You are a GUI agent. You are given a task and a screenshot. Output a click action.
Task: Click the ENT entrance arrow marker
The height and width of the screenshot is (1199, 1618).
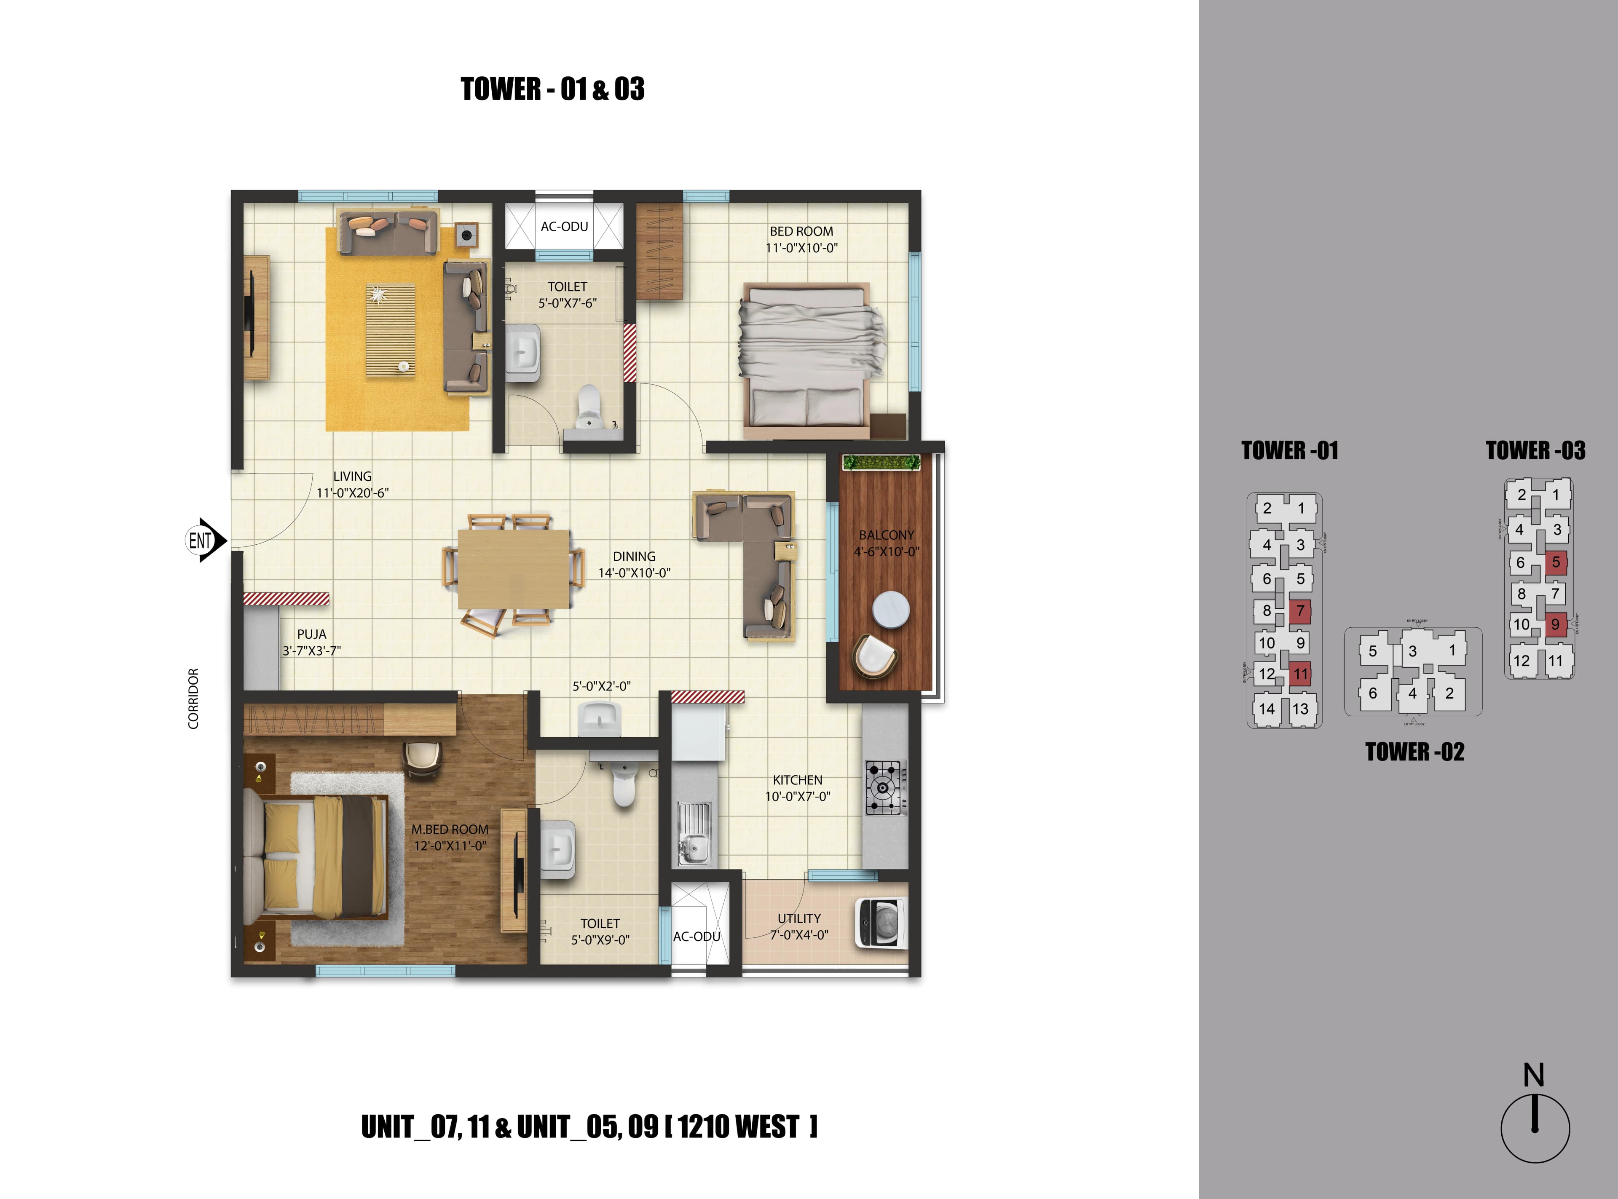point(205,540)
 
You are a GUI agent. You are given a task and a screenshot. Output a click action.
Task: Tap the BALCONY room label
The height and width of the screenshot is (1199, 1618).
point(886,535)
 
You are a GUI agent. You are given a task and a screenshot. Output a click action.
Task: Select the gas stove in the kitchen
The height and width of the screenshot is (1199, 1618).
point(884,787)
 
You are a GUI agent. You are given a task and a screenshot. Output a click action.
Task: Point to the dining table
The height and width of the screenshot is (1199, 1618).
point(514,570)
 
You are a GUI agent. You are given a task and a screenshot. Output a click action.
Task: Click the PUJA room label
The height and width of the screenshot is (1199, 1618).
point(311,634)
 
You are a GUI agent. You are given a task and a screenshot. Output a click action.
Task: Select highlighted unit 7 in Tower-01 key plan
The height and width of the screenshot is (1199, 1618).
point(1300,611)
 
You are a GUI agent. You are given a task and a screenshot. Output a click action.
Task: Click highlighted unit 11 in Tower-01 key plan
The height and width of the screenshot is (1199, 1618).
point(1300,674)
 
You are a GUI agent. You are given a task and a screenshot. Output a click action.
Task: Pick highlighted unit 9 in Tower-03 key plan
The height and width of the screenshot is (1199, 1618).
point(1555,624)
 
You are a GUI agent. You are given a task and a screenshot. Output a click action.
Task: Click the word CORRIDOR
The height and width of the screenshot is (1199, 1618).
point(193,698)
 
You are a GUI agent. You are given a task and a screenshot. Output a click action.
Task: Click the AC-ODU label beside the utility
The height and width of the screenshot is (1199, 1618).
point(696,936)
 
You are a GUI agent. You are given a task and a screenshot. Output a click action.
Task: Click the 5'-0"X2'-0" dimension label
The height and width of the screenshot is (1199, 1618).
point(601,686)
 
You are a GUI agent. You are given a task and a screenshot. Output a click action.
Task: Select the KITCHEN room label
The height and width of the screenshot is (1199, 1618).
point(797,779)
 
